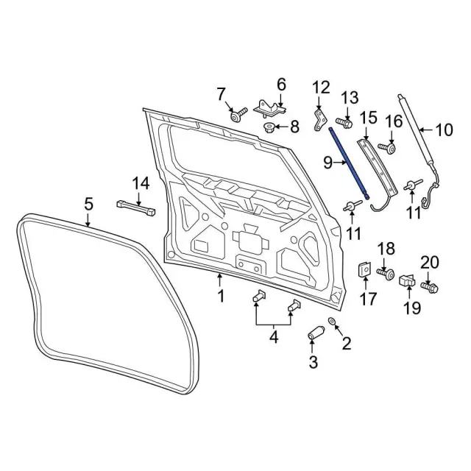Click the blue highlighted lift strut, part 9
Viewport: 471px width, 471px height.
(350, 163)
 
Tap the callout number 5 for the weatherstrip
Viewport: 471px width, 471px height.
(88, 205)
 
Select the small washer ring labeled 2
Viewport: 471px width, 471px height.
(333, 321)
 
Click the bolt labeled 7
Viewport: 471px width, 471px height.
(238, 115)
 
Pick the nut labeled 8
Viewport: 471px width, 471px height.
(269, 127)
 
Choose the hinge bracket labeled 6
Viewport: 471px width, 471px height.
(269, 108)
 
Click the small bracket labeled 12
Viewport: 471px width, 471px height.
(321, 120)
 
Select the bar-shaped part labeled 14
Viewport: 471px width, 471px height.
(135, 208)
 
